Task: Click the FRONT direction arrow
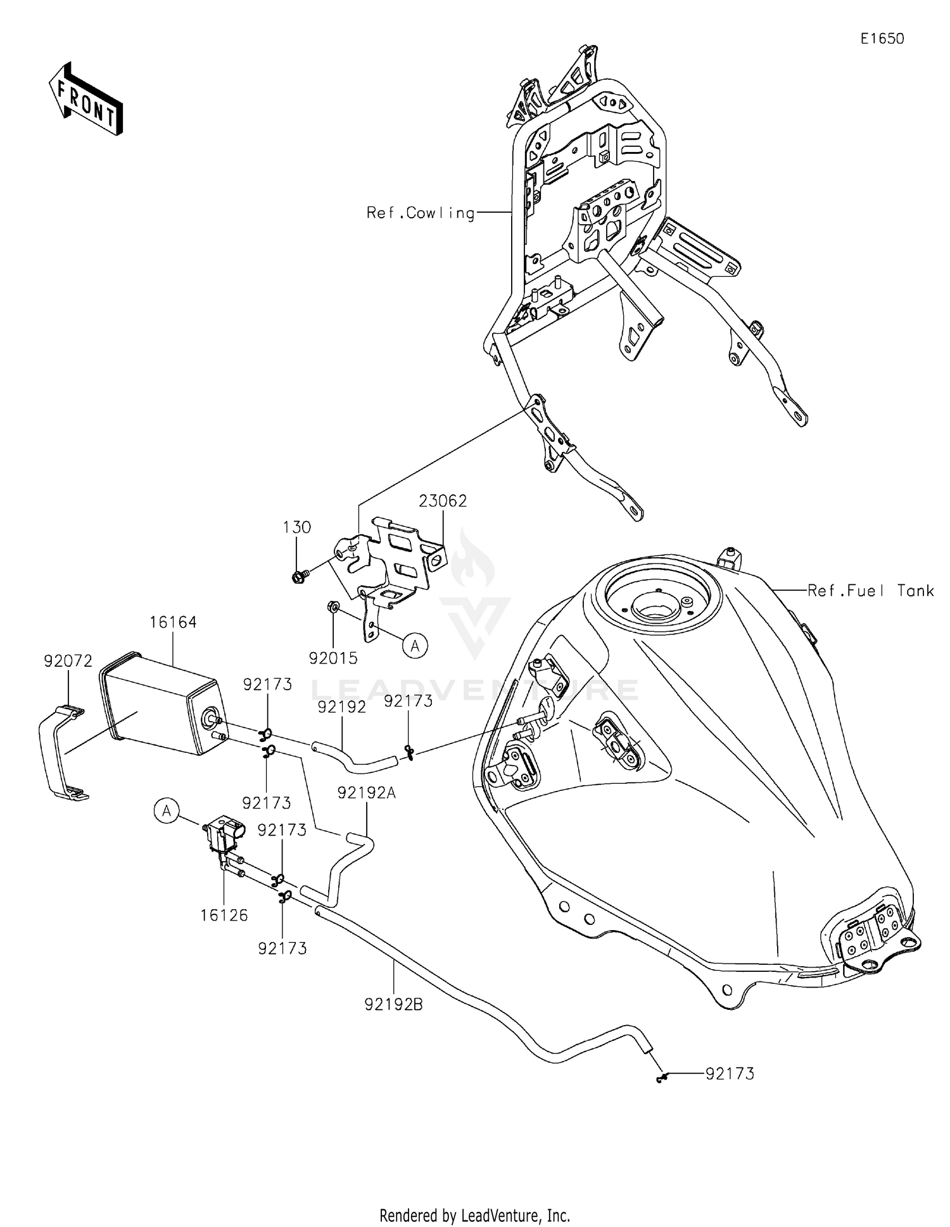click(x=85, y=99)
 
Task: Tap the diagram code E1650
click(x=882, y=39)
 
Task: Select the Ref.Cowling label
click(x=421, y=213)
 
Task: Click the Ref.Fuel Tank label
click(x=870, y=591)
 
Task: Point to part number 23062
click(x=443, y=501)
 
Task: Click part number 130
click(x=297, y=527)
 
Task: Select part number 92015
click(x=333, y=658)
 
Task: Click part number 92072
click(x=68, y=661)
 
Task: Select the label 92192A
click(x=366, y=792)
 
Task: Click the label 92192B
click(x=393, y=1004)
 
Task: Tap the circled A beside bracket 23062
click(x=415, y=646)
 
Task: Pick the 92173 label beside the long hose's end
click(x=730, y=1074)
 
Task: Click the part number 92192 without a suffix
click(x=342, y=707)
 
